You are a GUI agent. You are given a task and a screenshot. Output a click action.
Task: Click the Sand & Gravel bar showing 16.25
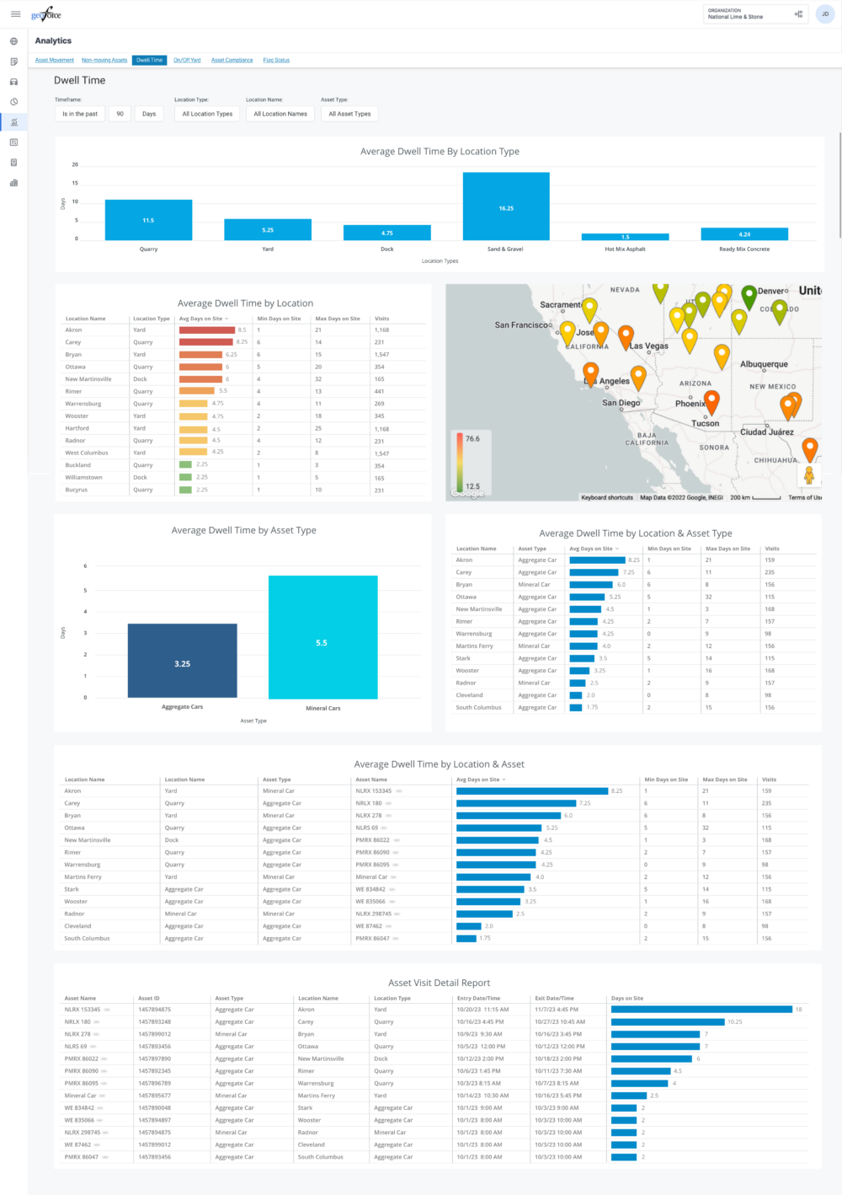[x=506, y=206]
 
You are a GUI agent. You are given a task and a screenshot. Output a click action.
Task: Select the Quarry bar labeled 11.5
[x=148, y=220]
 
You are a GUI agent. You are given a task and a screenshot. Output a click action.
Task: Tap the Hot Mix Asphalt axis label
[x=625, y=249]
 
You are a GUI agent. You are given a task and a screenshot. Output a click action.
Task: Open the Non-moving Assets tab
[x=104, y=61]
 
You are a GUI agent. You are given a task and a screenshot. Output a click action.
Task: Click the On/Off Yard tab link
[x=187, y=61]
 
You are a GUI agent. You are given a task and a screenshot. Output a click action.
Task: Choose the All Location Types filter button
[x=207, y=114]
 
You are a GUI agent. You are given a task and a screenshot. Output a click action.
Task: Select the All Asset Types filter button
[x=349, y=114]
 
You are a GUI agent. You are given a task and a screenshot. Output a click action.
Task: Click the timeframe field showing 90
[x=120, y=114]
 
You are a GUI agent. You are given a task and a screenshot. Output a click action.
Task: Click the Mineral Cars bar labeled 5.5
[x=322, y=637]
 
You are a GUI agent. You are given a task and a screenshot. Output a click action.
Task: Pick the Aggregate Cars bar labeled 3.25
[x=182, y=661]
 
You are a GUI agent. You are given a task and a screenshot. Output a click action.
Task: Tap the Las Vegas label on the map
[x=649, y=346]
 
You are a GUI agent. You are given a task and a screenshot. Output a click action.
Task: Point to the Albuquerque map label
[x=764, y=365]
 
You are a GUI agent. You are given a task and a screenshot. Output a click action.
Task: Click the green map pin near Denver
[x=748, y=296]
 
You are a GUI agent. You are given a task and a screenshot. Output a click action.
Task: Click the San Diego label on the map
[x=621, y=403]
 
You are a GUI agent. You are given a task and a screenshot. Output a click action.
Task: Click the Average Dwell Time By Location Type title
[x=440, y=152]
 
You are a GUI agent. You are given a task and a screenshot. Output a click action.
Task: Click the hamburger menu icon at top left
[x=15, y=14]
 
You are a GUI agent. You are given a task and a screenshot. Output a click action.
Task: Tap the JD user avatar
[x=825, y=14]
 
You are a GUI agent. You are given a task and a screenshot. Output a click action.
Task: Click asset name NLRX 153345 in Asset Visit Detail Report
[x=83, y=1010]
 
